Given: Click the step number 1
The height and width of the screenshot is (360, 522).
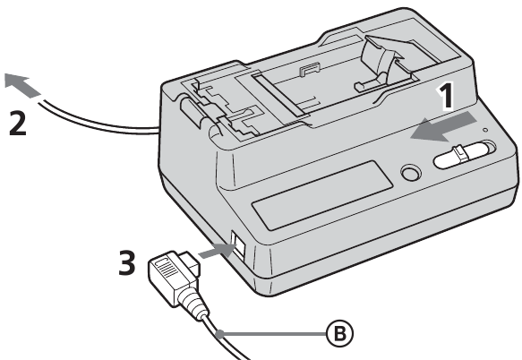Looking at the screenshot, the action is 446,96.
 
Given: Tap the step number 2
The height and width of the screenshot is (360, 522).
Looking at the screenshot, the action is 17,123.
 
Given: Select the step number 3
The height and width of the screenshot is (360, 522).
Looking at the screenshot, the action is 127,262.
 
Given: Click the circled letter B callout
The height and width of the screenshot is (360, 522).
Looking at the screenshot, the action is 339,333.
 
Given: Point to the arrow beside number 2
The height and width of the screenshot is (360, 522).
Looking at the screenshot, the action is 21,86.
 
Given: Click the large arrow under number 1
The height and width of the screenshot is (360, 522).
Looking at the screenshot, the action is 444,127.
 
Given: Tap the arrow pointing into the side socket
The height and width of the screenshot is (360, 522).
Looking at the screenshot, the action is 217,251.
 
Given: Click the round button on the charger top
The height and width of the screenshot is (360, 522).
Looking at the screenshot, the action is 410,173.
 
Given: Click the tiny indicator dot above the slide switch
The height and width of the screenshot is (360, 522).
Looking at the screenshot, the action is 485,130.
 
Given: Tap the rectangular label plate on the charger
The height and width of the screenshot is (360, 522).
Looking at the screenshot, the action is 322,195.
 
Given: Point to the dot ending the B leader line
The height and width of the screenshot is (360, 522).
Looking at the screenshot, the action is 219,333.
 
